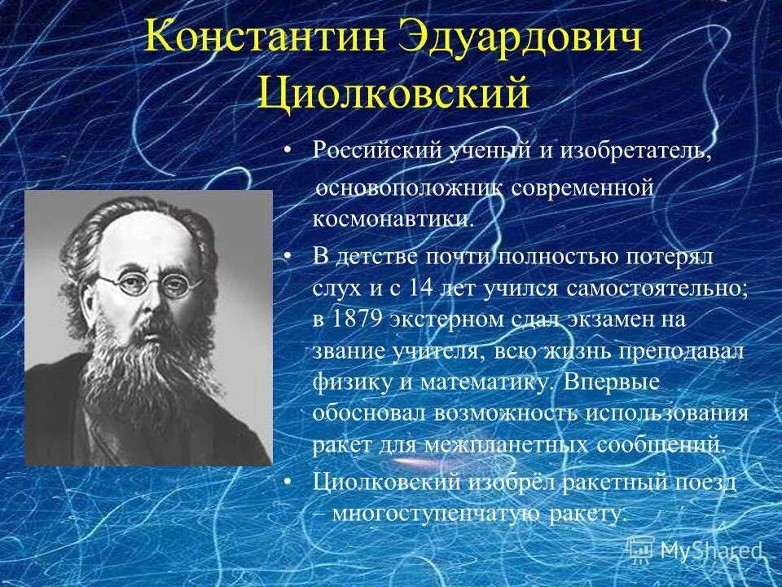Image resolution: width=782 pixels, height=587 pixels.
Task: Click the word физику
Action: pos(346,382)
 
